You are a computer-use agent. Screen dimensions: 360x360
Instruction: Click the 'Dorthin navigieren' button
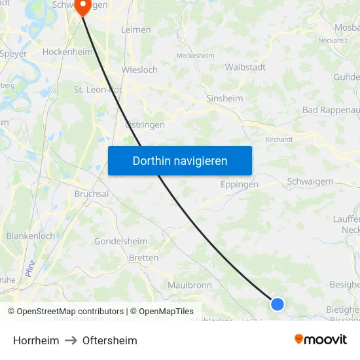[x=180, y=160]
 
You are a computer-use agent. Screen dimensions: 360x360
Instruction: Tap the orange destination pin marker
[x=83, y=7]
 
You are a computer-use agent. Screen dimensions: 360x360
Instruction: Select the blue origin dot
[x=278, y=304]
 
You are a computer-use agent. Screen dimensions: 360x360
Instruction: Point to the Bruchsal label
[x=91, y=194]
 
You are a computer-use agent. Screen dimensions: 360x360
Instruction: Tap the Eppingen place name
[x=240, y=185]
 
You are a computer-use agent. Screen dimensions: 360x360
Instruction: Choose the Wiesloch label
[x=139, y=69]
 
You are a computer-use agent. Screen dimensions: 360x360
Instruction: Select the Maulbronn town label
[x=189, y=285]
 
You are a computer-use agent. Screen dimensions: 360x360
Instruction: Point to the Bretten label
[x=143, y=258]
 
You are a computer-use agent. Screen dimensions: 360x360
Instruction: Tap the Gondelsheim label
[x=121, y=241]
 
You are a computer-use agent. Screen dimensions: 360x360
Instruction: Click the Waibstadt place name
[x=245, y=67]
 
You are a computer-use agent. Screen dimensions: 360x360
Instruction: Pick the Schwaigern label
[x=310, y=181]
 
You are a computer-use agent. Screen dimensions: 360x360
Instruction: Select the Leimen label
[x=136, y=29]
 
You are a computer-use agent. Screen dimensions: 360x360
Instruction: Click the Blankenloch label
[x=30, y=236]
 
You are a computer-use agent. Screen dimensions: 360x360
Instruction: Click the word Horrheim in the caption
[x=36, y=340]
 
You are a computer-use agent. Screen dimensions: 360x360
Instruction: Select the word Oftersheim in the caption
[x=110, y=340]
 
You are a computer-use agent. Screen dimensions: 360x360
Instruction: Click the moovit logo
[x=321, y=339]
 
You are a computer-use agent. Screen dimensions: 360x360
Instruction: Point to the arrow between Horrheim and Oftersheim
[x=71, y=340]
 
